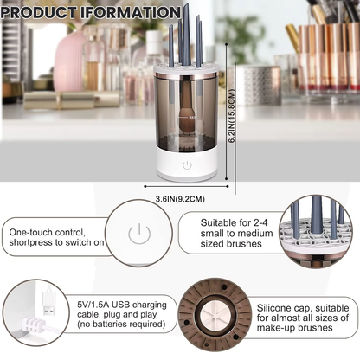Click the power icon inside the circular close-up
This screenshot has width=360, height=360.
coord(136,234)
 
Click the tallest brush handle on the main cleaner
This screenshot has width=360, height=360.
coord(184,35)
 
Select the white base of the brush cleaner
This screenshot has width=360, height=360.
coord(186,166)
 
